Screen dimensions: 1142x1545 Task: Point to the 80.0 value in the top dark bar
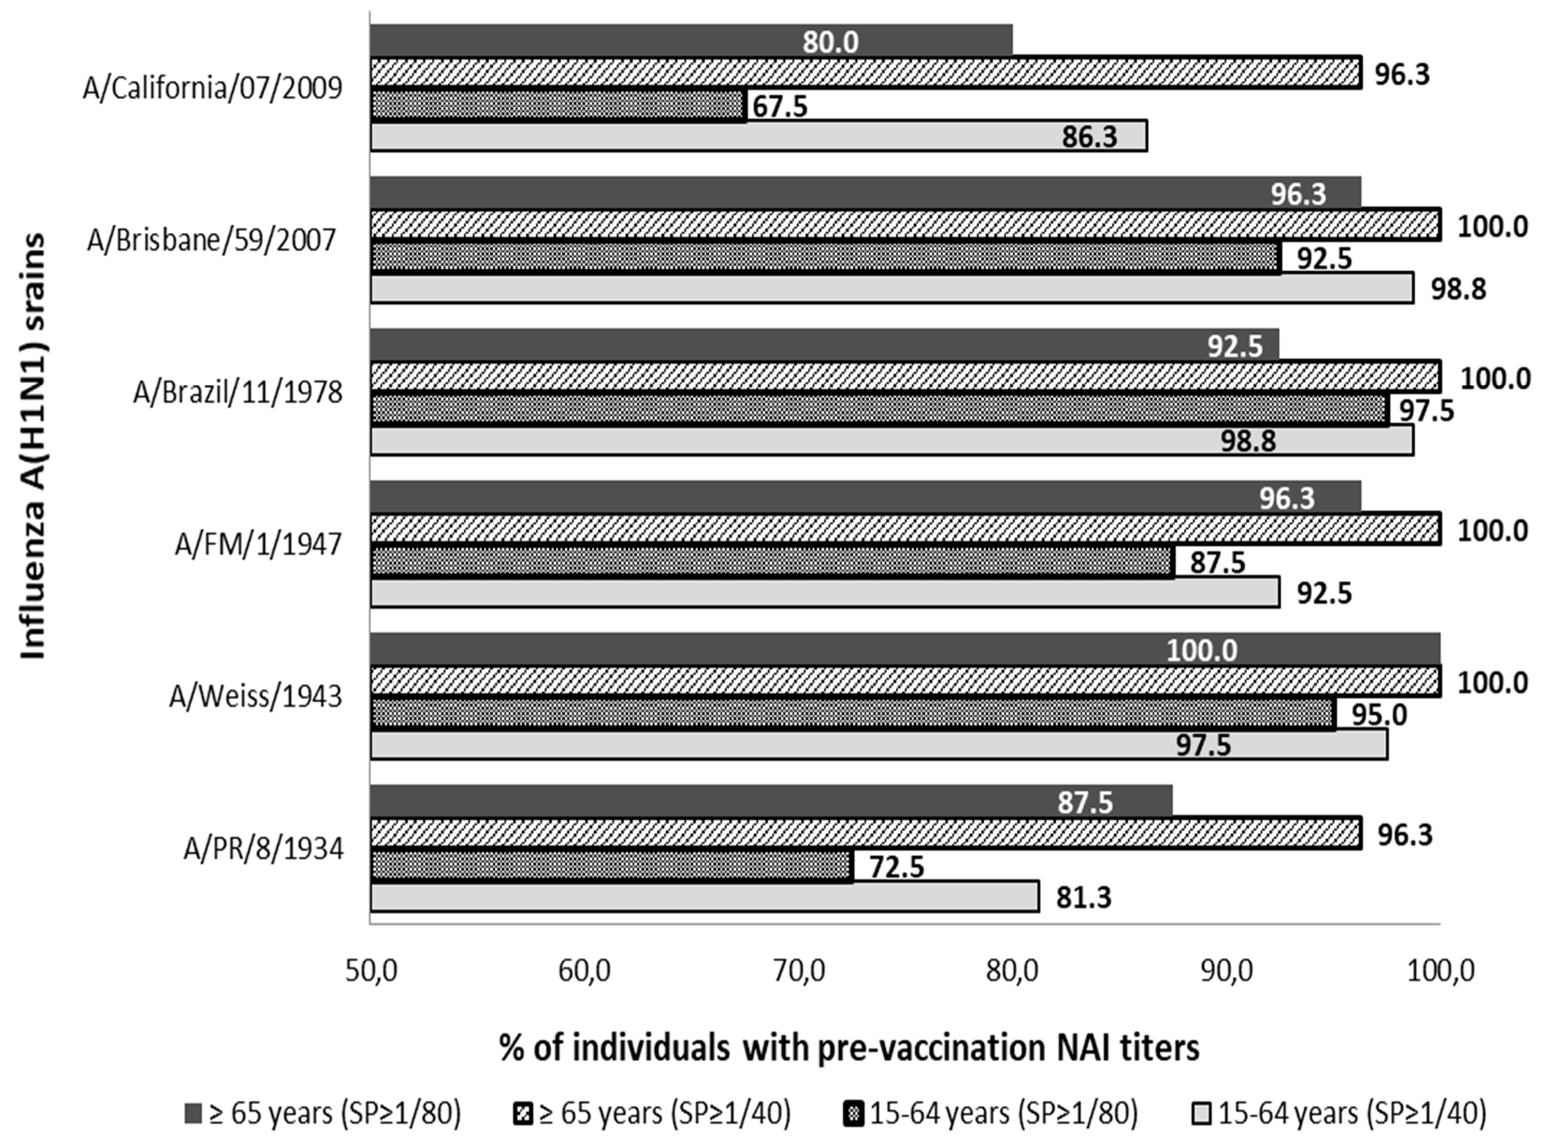click(x=830, y=42)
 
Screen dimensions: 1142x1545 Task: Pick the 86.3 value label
click(x=1089, y=137)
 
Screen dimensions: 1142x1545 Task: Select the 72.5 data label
click(x=897, y=867)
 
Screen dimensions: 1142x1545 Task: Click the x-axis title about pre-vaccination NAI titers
click(x=849, y=1047)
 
